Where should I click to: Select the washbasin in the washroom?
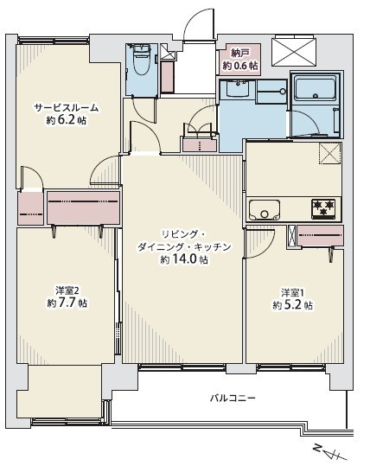[235, 89]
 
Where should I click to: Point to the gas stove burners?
[324, 207]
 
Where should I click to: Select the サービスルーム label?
[66, 107]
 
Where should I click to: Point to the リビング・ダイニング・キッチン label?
[183, 240]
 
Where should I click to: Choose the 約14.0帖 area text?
[183, 259]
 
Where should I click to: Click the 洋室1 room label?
[291, 292]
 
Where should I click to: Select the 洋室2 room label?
[66, 290]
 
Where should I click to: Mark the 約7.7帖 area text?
[66, 303]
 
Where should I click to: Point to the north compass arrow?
[329, 453]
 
